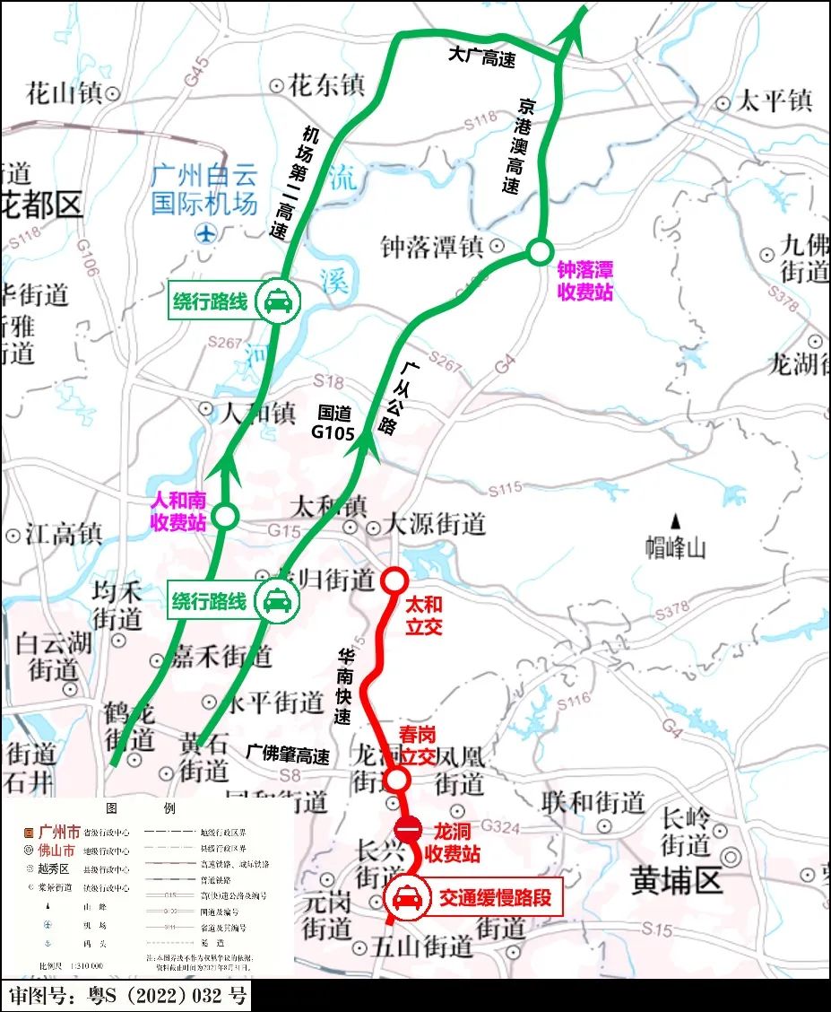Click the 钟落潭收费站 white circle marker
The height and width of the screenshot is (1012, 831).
[539, 252]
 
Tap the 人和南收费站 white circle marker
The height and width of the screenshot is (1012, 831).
[225, 516]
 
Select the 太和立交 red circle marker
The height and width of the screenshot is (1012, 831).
[394, 580]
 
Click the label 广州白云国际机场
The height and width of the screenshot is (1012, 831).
[204, 188]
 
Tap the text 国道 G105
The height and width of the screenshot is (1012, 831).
[334, 423]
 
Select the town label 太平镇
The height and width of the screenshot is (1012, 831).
[774, 100]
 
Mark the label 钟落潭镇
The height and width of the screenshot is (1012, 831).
[432, 247]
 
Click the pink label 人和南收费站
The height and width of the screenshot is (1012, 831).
[178, 511]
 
